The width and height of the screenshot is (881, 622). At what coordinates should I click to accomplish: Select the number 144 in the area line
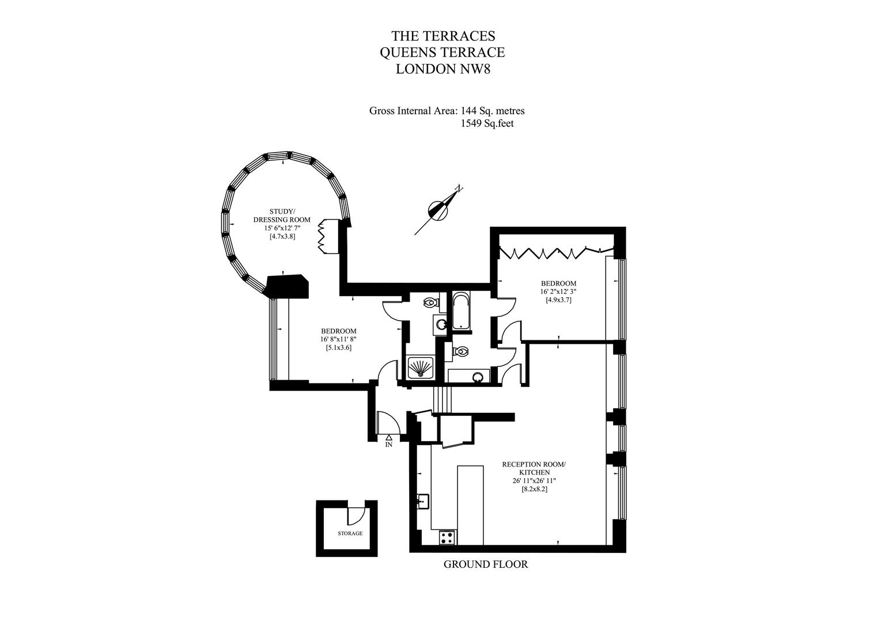click(x=469, y=111)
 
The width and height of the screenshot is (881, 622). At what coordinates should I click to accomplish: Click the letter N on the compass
click(x=458, y=189)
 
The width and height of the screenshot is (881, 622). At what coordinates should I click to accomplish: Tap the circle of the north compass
click(x=438, y=211)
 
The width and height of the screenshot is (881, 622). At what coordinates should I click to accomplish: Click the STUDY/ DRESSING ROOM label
click(x=282, y=215)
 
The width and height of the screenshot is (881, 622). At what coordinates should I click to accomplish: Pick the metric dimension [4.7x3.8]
click(x=282, y=237)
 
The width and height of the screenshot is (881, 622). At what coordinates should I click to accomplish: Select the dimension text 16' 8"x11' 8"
click(x=339, y=339)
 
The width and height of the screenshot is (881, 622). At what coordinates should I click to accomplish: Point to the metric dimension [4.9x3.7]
click(x=558, y=299)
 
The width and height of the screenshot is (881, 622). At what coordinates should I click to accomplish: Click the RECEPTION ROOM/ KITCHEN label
click(x=534, y=468)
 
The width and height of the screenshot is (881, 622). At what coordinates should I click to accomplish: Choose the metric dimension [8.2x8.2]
click(x=535, y=490)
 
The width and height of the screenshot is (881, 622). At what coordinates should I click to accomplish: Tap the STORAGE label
click(x=350, y=533)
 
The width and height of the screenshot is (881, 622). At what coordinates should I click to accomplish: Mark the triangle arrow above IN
click(x=388, y=437)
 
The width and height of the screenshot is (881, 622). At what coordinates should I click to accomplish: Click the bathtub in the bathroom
click(x=460, y=310)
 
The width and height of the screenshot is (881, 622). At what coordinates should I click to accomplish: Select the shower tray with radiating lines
click(x=421, y=367)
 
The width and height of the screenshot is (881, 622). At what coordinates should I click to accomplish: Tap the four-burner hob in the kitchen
click(x=448, y=537)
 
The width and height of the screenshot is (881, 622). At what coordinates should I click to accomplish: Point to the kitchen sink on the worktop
click(x=423, y=501)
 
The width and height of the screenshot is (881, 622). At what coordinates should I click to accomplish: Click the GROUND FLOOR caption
click(x=486, y=564)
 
